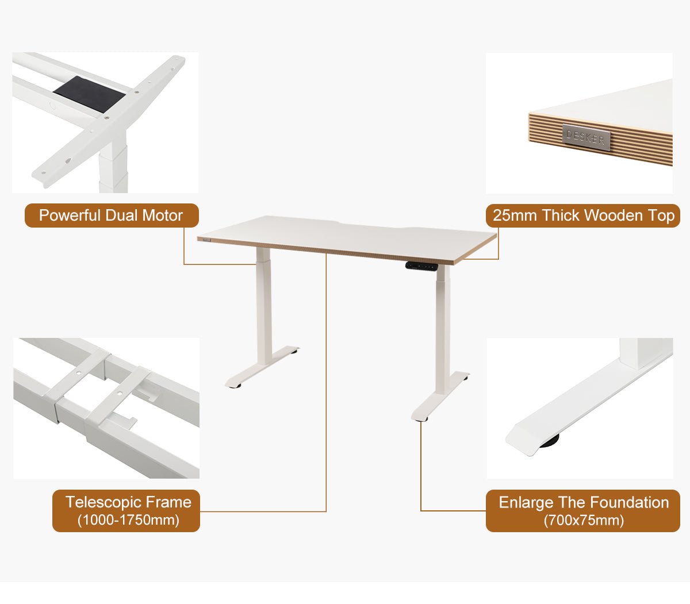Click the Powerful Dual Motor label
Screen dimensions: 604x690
click(111, 216)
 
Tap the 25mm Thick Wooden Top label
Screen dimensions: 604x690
click(583, 216)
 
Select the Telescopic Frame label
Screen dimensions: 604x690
click(128, 502)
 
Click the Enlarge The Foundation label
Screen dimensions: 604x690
click(583, 502)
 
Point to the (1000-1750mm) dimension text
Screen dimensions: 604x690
click(128, 520)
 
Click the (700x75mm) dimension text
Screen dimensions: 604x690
click(584, 521)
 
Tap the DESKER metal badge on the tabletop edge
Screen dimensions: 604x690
click(585, 137)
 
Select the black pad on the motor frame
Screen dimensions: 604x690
click(89, 94)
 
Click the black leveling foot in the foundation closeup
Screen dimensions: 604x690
click(550, 440)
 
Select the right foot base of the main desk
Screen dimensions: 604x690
click(440, 397)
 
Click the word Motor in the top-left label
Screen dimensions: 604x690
click(162, 216)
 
